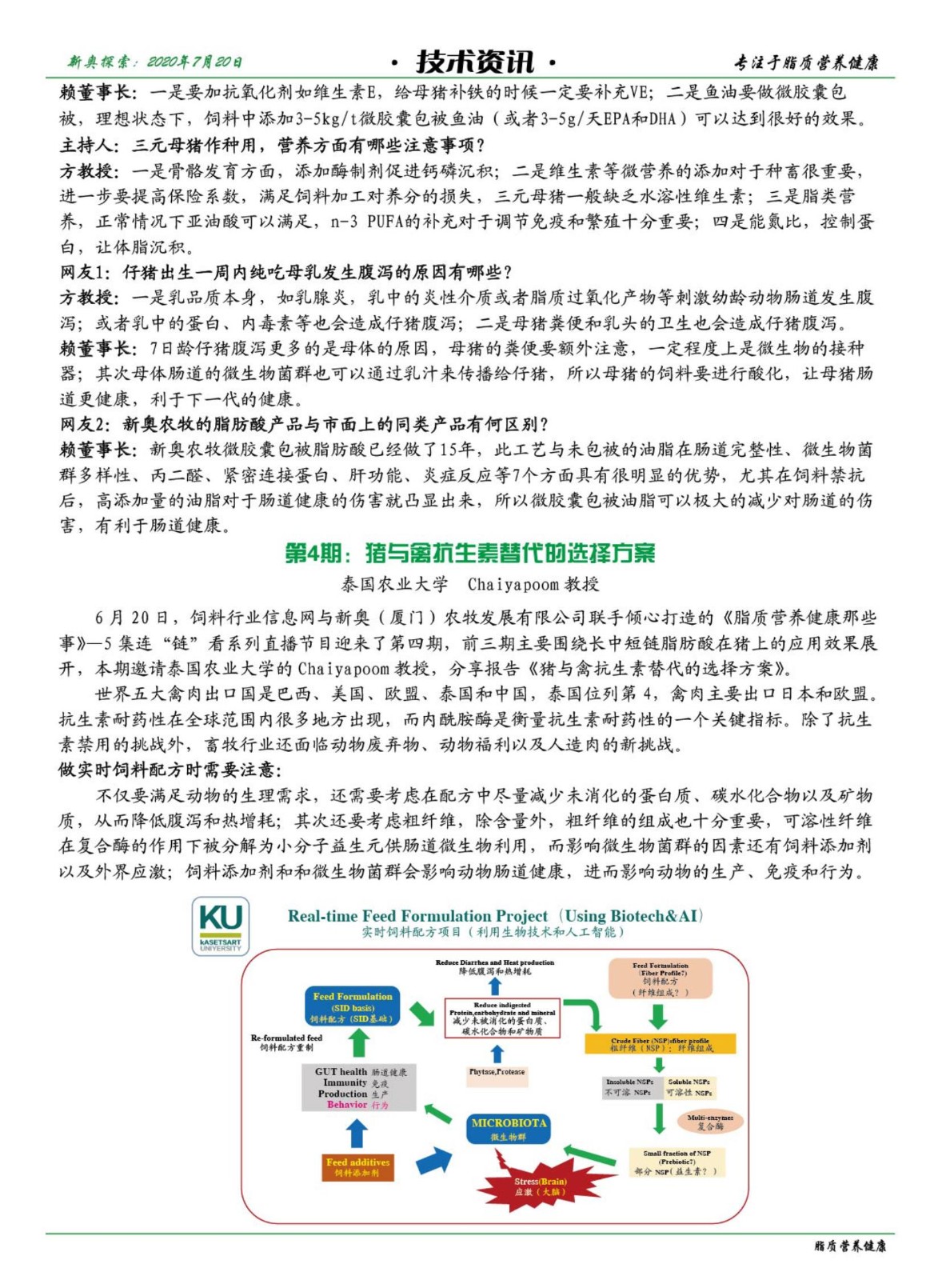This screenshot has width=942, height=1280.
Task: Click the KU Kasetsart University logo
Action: (x=220, y=926)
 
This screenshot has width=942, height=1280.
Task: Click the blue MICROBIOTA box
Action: (x=508, y=1129)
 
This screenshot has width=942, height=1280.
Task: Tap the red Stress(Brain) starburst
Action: (x=540, y=1186)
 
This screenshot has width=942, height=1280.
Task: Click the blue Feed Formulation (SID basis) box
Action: (x=352, y=1007)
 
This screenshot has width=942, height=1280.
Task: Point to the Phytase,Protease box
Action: (x=497, y=1072)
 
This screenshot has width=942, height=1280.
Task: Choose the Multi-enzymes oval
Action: (x=710, y=1122)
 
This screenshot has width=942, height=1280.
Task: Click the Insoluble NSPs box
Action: (x=629, y=1086)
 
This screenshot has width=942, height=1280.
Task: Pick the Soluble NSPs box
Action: (x=689, y=1086)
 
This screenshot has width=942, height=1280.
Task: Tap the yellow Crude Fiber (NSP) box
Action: (x=660, y=1044)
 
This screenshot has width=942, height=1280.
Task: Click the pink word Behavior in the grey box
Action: (x=346, y=1105)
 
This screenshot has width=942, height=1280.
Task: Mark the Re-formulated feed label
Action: (x=286, y=1042)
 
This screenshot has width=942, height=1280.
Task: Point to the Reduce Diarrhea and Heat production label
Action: (x=494, y=966)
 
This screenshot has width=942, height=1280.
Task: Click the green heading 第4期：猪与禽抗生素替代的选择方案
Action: (x=470, y=553)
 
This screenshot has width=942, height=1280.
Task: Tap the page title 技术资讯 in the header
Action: (x=474, y=61)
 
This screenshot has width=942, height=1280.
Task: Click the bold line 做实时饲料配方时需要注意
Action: (x=170, y=770)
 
